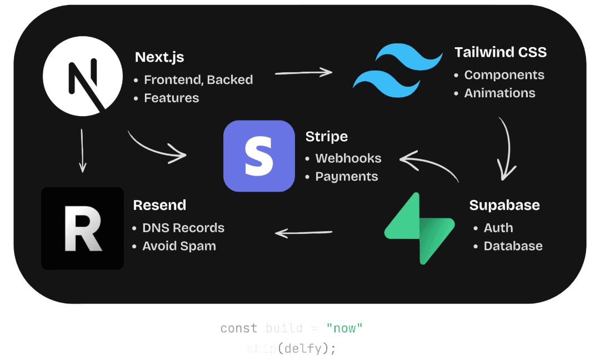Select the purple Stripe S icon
[x=259, y=156]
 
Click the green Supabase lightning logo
[x=419, y=228]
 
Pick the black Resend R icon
[x=82, y=228]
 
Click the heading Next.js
[x=159, y=57]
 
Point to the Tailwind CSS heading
[x=501, y=52]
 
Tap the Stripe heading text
[x=327, y=137]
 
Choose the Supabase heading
[x=504, y=205]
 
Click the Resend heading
[x=159, y=205]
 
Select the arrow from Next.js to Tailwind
[x=303, y=72]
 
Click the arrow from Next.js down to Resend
[x=83, y=150]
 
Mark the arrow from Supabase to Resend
[x=304, y=233]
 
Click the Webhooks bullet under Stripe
[x=348, y=158]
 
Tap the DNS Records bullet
[x=183, y=228]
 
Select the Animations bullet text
[x=499, y=93]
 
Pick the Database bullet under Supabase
[x=513, y=246]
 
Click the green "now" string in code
[x=344, y=328]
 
